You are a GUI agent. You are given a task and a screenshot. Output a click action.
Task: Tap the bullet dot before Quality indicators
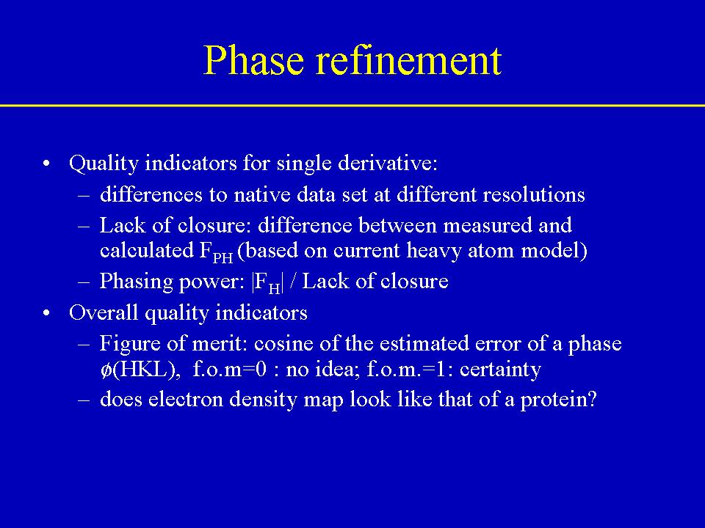point(46,164)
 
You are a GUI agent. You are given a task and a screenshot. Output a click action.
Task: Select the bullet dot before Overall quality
point(46,313)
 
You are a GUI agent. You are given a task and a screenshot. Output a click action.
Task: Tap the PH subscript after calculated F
point(223,257)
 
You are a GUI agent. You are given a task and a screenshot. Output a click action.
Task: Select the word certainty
point(500,370)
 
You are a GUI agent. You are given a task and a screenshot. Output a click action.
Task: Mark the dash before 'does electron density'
point(84,400)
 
